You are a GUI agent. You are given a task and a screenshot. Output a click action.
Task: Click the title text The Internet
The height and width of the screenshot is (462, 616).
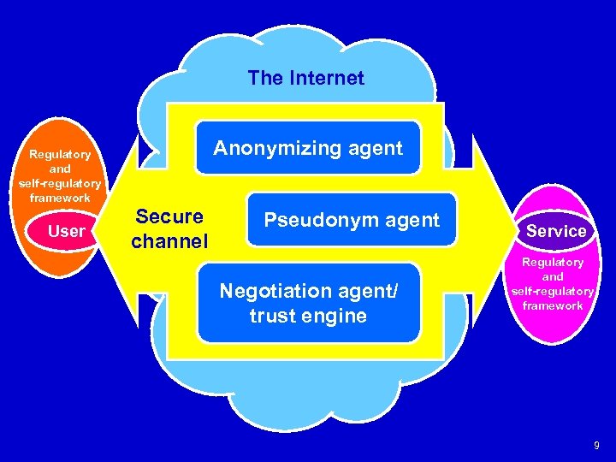click(x=305, y=78)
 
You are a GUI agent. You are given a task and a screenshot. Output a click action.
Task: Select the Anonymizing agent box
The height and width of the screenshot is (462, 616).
click(x=308, y=148)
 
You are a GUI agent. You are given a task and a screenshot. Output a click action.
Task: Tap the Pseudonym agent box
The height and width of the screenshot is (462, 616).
click(x=351, y=220)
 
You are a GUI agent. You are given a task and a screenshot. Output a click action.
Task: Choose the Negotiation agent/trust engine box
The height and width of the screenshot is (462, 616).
click(x=308, y=303)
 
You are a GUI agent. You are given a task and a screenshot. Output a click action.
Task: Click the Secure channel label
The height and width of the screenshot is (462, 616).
click(x=169, y=228)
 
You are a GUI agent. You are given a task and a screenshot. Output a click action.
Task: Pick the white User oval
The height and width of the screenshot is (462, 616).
click(x=66, y=231)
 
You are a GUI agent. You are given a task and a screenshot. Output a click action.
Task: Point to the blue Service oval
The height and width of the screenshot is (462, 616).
click(x=556, y=231)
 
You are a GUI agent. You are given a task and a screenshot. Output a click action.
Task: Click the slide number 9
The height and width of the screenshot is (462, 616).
click(x=596, y=445)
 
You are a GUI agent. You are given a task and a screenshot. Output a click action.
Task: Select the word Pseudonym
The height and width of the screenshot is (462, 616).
click(x=318, y=220)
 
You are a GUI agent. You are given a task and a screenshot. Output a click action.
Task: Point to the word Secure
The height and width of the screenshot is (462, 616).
click(x=169, y=216)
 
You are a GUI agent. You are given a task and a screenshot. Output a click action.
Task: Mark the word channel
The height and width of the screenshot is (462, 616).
click(x=169, y=241)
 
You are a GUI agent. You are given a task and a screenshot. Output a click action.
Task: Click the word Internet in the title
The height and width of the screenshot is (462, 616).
click(x=326, y=78)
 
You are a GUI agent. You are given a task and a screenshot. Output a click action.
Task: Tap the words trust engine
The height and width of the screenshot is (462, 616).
click(x=308, y=316)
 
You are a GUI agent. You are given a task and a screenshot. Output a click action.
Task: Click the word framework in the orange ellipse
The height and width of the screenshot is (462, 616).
click(x=60, y=198)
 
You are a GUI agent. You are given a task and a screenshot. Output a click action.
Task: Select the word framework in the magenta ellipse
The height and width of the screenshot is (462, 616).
click(x=553, y=305)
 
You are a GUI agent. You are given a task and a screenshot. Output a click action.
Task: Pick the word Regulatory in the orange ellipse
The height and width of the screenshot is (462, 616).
click(x=60, y=155)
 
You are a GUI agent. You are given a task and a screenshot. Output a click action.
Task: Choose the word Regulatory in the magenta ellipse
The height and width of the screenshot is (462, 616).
click(x=553, y=262)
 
